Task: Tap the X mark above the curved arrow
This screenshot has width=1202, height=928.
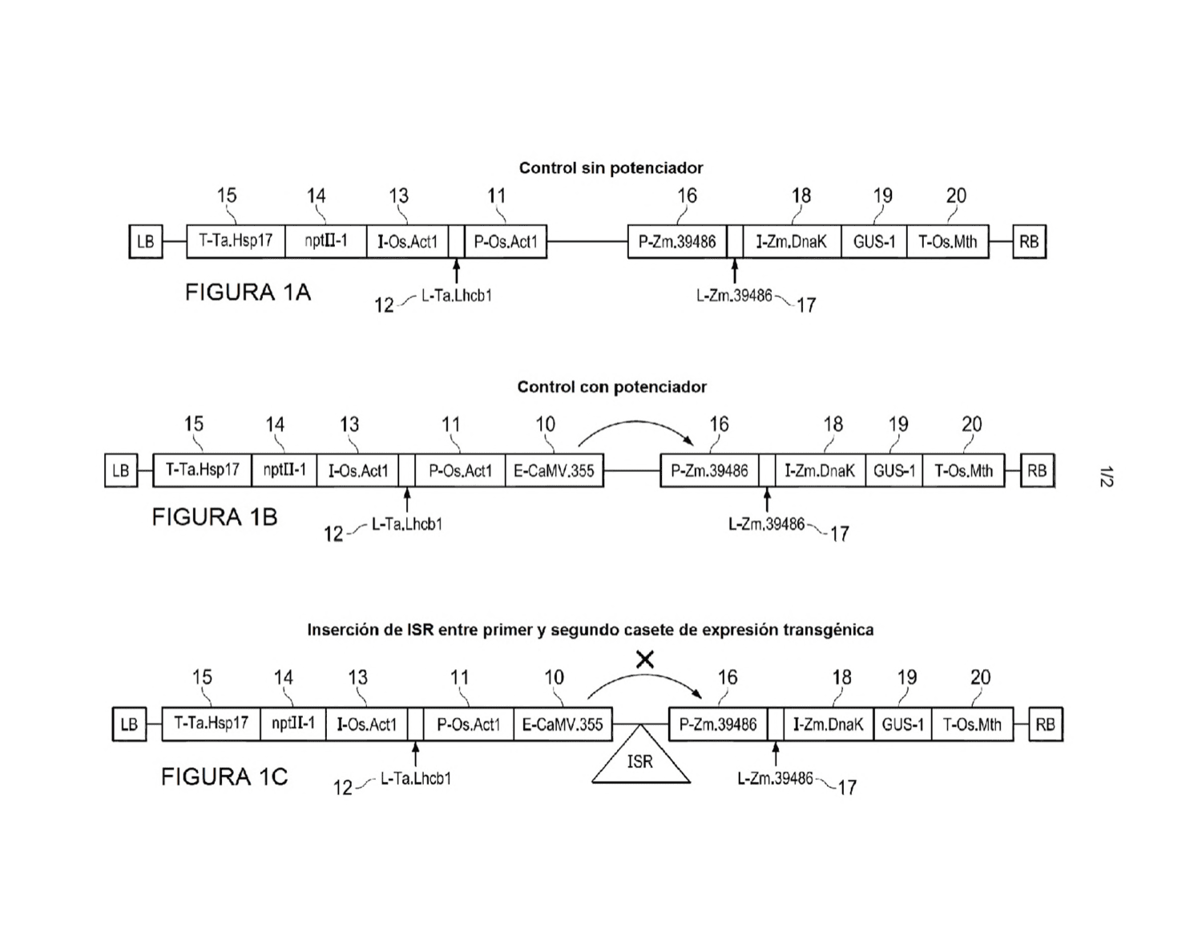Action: [x=645, y=660]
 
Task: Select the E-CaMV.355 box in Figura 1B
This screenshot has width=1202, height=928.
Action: [x=555, y=470]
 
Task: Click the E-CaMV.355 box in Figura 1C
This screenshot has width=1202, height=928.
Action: [x=563, y=724]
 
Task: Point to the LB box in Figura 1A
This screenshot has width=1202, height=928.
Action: [x=146, y=242]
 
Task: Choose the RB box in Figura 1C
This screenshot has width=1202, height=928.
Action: [x=1046, y=724]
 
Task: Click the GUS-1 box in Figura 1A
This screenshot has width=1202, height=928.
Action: [x=874, y=242]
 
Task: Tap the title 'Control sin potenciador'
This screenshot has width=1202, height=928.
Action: [x=611, y=168]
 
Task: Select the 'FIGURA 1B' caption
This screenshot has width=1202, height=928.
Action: [x=215, y=517]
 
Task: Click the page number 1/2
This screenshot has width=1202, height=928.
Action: [x=1106, y=477]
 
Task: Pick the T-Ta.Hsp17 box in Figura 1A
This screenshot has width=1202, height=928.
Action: [x=236, y=242]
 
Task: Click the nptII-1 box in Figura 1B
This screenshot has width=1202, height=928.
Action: [x=284, y=470]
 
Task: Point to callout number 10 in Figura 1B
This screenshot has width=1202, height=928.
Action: [x=545, y=424]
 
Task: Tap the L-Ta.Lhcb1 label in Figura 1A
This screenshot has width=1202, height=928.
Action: [x=456, y=296]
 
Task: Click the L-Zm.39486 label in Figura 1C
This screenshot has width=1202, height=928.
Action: [x=775, y=779]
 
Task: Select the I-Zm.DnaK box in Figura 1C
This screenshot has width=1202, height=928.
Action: [x=829, y=724]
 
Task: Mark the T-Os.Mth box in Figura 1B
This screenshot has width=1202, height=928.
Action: [x=963, y=470]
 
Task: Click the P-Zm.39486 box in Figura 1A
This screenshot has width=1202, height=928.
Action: [x=677, y=242]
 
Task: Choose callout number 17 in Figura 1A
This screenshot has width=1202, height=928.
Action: [x=806, y=305]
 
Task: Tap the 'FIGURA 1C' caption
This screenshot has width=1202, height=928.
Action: [x=224, y=777]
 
